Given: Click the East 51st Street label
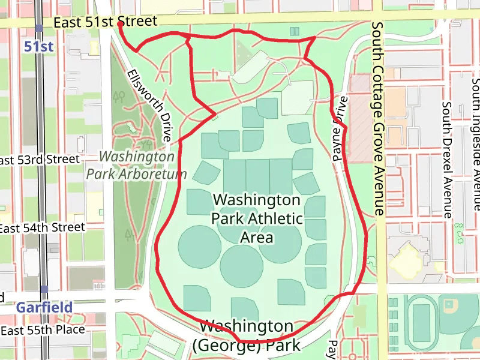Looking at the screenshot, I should (x=105, y=22).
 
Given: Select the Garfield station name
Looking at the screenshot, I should (x=44, y=307).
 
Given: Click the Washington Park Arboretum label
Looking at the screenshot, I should (x=137, y=165).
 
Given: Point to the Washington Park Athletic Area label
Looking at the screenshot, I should (x=256, y=218).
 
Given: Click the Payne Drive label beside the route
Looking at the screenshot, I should (x=340, y=128).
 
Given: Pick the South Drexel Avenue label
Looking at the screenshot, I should (x=446, y=159).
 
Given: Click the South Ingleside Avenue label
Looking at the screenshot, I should (x=476, y=144).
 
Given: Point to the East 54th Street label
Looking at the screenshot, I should (x=42, y=228).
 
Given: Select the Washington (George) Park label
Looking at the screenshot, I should (x=246, y=336).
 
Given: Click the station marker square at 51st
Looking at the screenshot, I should (x=38, y=28).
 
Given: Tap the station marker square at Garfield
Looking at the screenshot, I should (x=44, y=289).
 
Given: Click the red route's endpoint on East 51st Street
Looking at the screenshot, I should (x=120, y=24).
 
